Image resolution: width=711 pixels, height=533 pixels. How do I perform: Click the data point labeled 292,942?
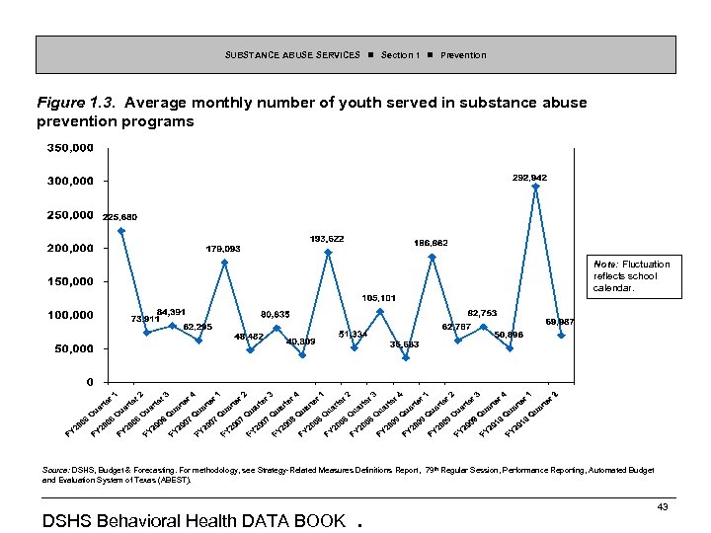(535, 187)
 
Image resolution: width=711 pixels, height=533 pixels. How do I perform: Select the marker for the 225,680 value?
(121, 231)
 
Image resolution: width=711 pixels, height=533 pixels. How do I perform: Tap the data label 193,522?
(327, 239)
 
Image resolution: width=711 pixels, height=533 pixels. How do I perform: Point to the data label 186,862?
(430, 242)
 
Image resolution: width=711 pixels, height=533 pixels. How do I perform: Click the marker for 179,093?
(224, 263)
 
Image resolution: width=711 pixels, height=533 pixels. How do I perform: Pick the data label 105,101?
(378, 297)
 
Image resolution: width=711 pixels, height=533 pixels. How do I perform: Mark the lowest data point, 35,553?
(405, 357)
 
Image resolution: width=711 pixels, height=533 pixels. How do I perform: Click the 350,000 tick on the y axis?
(69, 148)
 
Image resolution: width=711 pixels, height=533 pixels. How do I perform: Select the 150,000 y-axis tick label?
(69, 281)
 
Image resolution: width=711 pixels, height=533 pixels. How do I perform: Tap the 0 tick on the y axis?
(90, 382)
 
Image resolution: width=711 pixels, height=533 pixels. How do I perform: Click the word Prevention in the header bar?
(463, 55)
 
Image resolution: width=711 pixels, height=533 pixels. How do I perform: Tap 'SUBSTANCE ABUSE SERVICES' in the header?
(292, 55)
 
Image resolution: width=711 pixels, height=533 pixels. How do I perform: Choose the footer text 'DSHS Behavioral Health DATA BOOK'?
(195, 520)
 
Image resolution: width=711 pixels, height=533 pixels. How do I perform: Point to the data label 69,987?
(561, 322)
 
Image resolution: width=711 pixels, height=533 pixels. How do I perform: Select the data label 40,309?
(300, 342)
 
